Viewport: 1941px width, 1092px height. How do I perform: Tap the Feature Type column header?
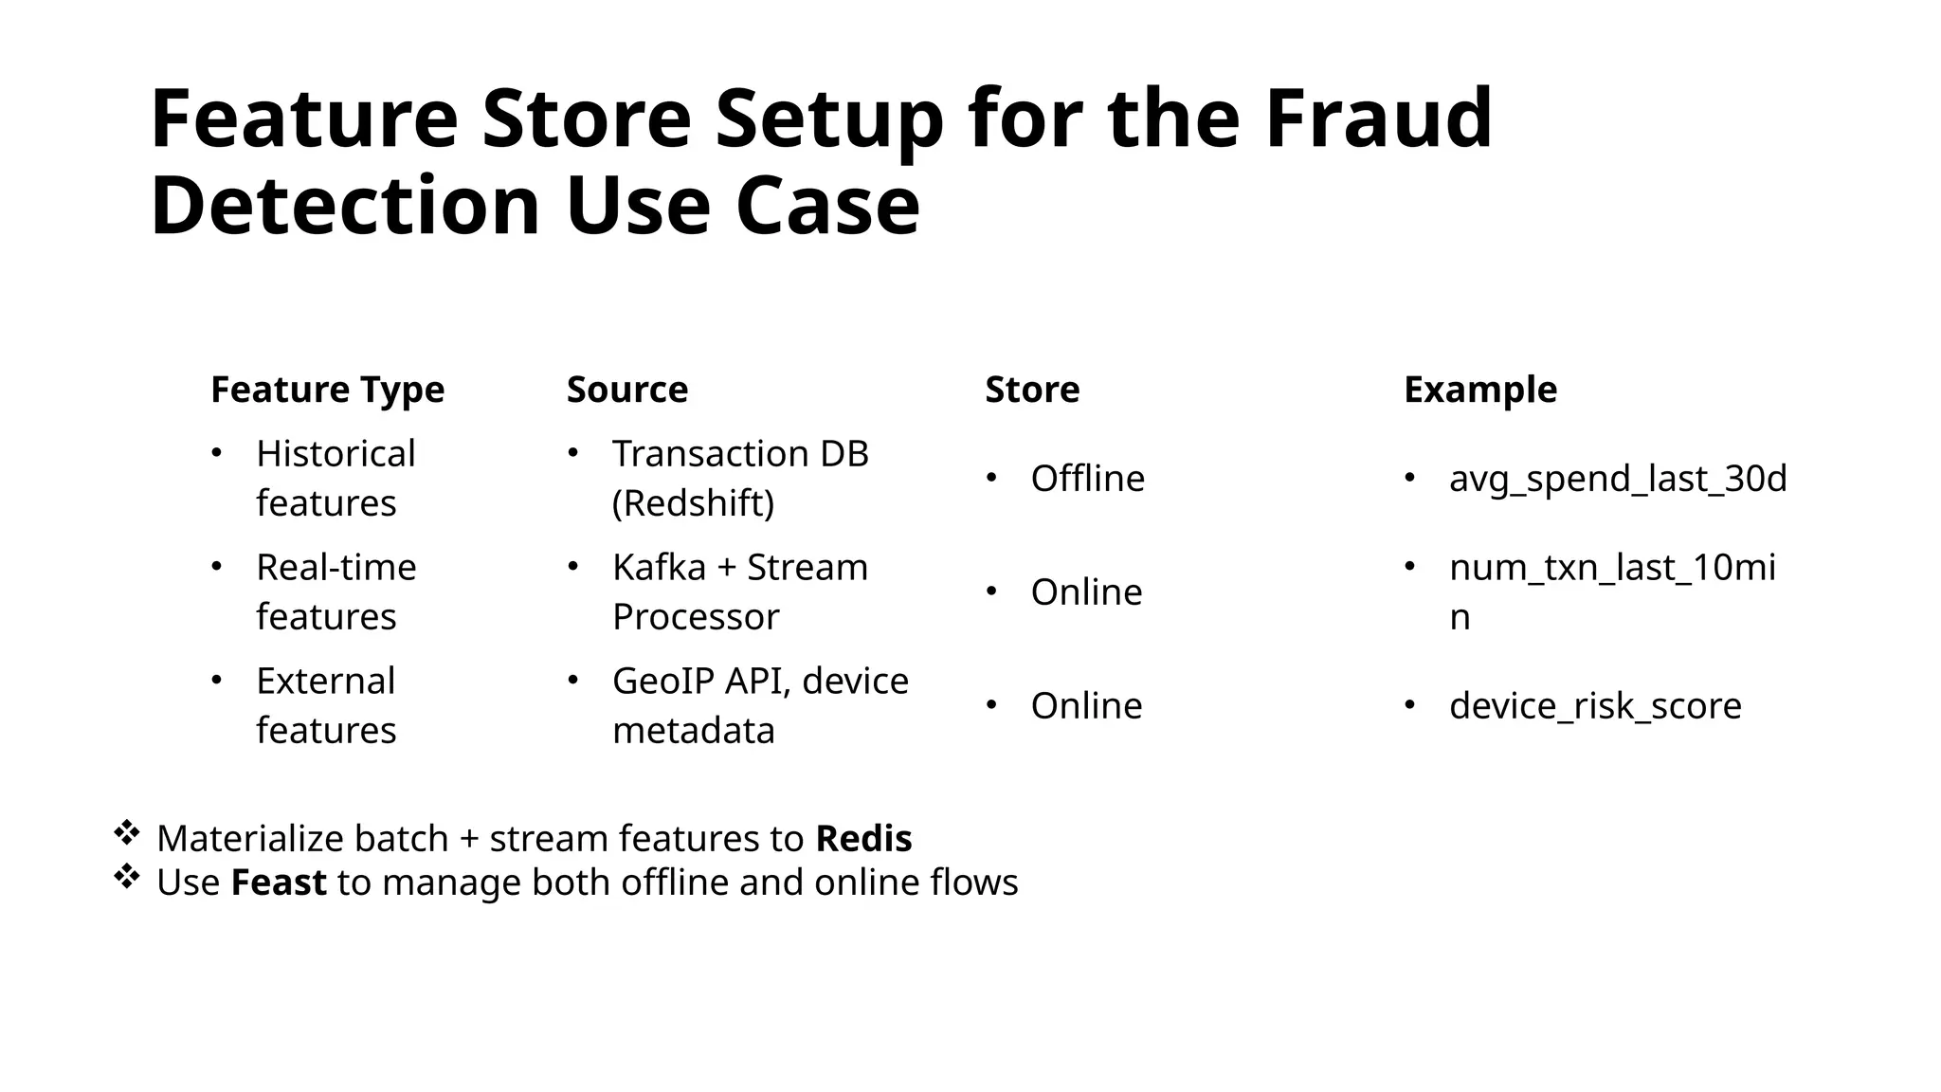tap(327, 390)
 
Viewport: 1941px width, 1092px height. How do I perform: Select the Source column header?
tap(626, 390)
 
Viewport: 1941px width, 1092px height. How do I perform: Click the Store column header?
tap(1032, 390)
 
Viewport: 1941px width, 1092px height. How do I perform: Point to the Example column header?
tap(1479, 390)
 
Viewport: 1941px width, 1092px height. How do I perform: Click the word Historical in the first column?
tap(336, 454)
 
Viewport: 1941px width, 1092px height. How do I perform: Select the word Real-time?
tap(336, 568)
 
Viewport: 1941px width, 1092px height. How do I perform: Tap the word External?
tap(325, 682)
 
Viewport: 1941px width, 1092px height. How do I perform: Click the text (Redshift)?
tap(693, 503)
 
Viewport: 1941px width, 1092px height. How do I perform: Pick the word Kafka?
tap(659, 568)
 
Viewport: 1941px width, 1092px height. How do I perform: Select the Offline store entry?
tap(1087, 479)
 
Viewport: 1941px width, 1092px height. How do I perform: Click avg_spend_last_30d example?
tap(1617, 479)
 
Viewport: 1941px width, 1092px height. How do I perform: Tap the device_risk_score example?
tap(1595, 706)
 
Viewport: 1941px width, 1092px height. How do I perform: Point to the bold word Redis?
tap(863, 839)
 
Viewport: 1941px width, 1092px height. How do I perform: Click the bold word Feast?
tap(279, 883)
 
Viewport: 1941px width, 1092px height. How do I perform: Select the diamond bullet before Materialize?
tap(126, 834)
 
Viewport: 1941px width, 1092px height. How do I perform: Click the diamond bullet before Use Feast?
tap(126, 878)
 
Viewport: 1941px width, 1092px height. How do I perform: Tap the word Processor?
tap(696, 617)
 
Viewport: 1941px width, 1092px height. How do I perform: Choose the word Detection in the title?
tap(345, 206)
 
